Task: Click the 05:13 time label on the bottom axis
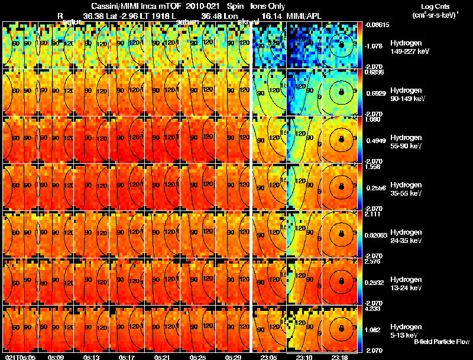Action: [x=92, y=357]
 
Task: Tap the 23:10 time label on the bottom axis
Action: [x=304, y=357]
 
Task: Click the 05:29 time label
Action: [x=235, y=357]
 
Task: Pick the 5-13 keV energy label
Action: [x=405, y=335]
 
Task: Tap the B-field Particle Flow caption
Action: [x=442, y=341]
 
